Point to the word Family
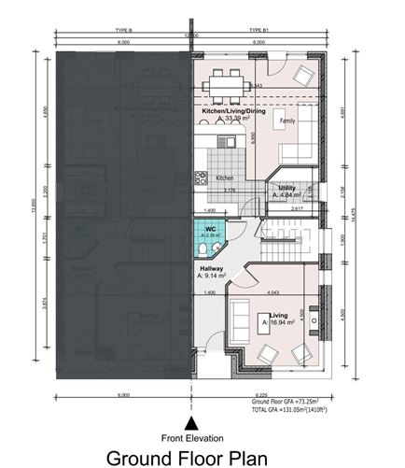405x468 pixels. click(288, 121)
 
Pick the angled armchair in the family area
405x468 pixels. click(304, 76)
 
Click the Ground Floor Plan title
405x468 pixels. click(187, 458)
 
